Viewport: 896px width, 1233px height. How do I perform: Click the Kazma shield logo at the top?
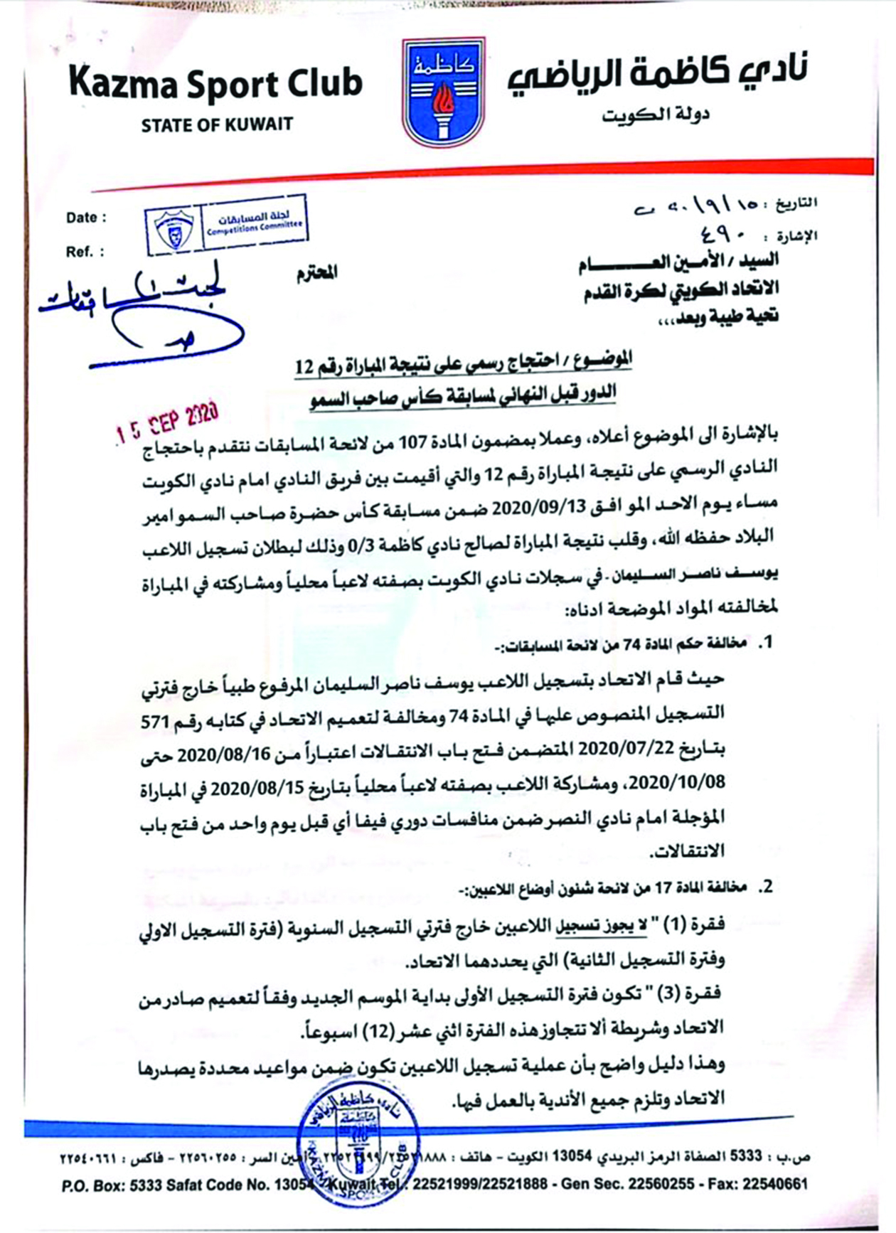(x=444, y=92)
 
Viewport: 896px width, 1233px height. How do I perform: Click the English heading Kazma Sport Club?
(x=215, y=84)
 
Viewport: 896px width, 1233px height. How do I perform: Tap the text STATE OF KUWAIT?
(x=217, y=124)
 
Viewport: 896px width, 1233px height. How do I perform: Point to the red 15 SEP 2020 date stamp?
(x=169, y=422)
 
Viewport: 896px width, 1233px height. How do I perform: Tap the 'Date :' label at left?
(x=87, y=218)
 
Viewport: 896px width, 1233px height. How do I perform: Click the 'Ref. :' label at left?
(x=85, y=252)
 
